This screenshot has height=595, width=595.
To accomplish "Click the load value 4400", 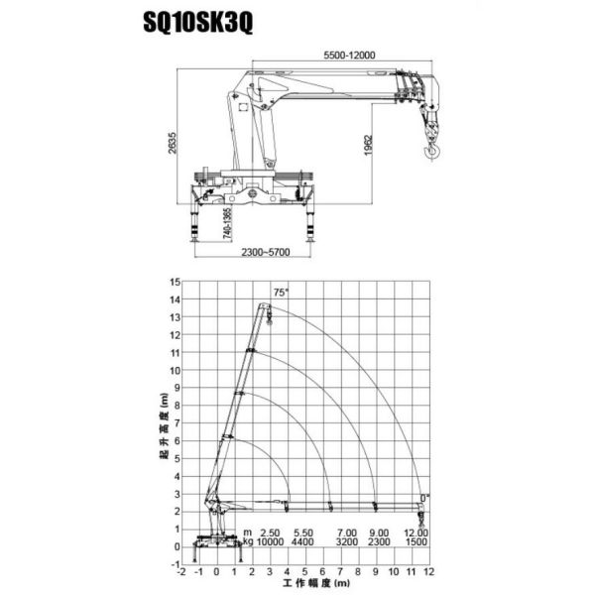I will [x=304, y=542].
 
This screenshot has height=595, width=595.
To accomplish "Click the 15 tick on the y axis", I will [x=175, y=282].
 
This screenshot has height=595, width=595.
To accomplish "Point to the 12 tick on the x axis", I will [x=428, y=573].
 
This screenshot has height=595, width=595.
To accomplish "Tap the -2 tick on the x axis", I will [x=180, y=573].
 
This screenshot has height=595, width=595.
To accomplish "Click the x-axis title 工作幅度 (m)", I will [x=304, y=585].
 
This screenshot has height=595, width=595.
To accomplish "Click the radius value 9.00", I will [x=380, y=533].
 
